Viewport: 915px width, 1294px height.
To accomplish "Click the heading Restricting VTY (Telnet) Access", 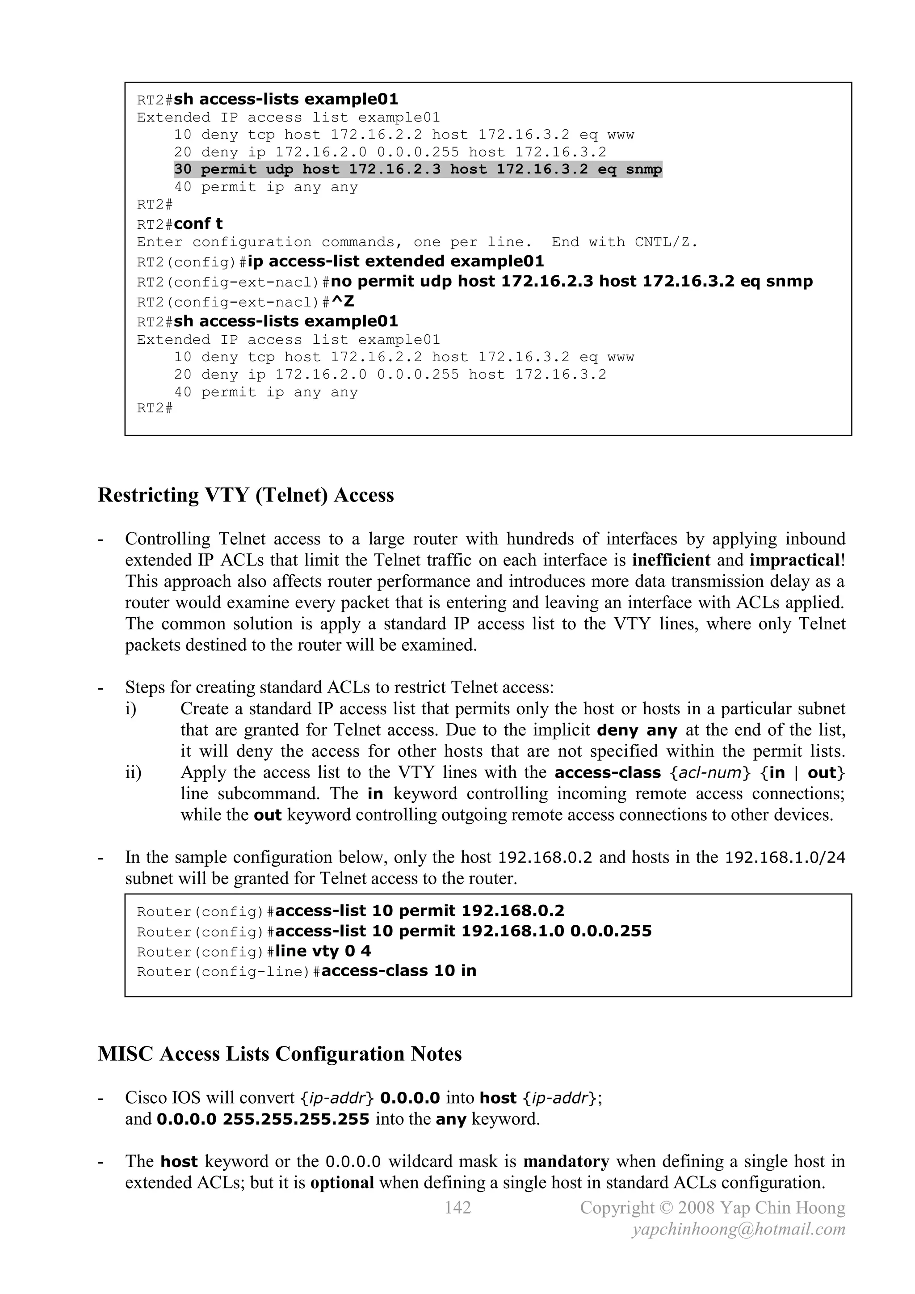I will pyautogui.click(x=246, y=495).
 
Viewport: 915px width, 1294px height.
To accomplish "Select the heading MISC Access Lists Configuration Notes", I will pyautogui.click(x=279, y=1054).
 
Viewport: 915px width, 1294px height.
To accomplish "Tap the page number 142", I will pyautogui.click(x=457, y=1207).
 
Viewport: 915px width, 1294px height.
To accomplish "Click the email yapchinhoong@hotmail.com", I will pyautogui.click(x=739, y=1229).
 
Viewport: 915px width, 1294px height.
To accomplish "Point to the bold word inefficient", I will pyautogui.click(x=671, y=560).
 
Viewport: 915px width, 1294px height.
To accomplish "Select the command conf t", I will pyautogui.click(x=198, y=224).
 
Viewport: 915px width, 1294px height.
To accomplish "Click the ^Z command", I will pyautogui.click(x=343, y=302).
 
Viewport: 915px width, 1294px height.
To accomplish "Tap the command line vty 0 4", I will pyautogui.click(x=323, y=951).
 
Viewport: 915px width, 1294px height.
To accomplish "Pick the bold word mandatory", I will pyautogui.click(x=566, y=1162).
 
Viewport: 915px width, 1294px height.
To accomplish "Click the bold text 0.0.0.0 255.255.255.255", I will pyautogui.click(x=263, y=1119).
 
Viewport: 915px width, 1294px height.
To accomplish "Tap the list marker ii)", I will pyautogui.click(x=134, y=772).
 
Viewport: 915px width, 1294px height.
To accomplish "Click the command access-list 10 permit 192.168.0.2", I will pyautogui.click(x=420, y=911).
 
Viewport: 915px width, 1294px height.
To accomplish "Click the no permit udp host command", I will pyautogui.click(x=571, y=281).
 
